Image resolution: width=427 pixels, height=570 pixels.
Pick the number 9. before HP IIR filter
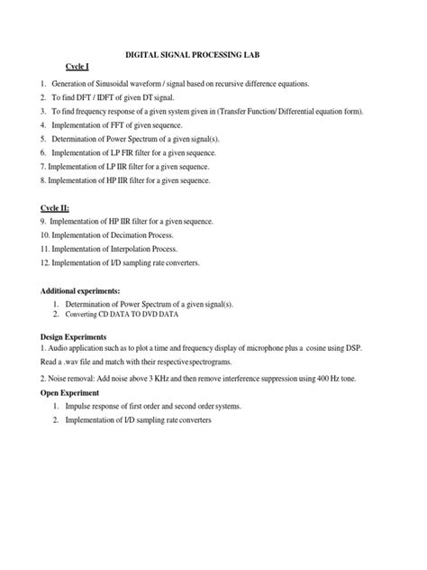tap(43, 221)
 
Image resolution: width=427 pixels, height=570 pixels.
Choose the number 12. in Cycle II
tap(45, 262)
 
